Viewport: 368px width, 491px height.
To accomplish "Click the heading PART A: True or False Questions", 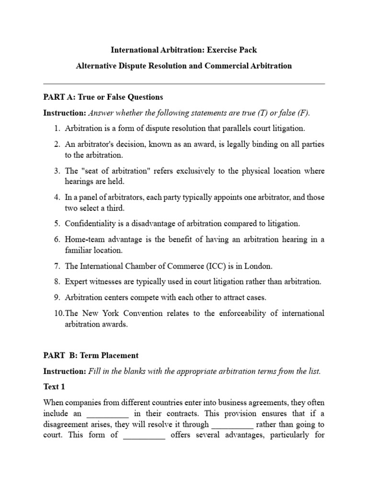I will point(103,97).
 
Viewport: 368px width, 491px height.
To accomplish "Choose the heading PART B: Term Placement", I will point(91,356).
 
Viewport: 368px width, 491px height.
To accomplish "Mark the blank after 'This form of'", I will point(144,436).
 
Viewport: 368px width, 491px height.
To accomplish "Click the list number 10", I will point(58,313).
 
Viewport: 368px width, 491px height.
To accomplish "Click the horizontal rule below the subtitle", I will point(184,84).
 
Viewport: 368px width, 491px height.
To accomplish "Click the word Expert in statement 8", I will point(76,282).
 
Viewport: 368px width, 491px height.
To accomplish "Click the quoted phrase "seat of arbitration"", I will point(115,171).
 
